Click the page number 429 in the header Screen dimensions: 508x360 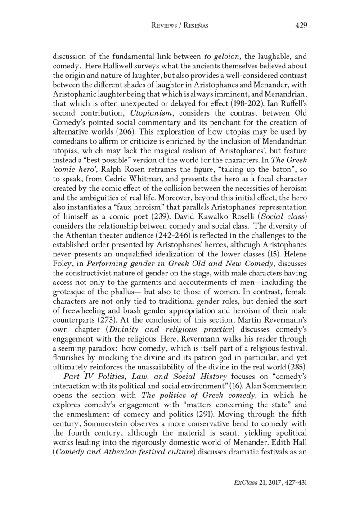pos(301,25)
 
